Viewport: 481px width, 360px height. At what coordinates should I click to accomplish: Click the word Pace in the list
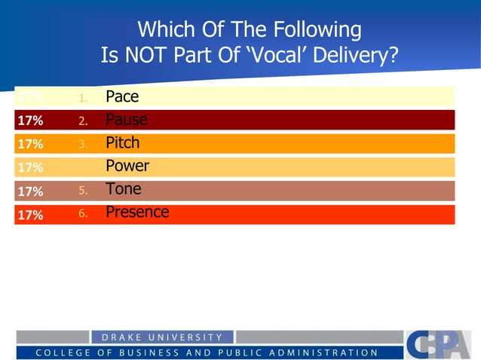click(122, 96)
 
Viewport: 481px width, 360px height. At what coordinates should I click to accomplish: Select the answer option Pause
click(126, 119)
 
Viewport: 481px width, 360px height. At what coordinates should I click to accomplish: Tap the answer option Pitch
click(122, 142)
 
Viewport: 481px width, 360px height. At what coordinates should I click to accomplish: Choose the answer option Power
click(127, 166)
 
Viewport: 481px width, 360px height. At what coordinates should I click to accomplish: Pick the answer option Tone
click(123, 189)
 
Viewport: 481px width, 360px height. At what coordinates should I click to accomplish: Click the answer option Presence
click(137, 212)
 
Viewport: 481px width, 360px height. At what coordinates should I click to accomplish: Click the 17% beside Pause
click(30, 120)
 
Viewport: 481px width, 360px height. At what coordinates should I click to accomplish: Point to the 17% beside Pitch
click(30, 143)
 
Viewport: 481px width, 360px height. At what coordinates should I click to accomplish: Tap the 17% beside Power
click(30, 167)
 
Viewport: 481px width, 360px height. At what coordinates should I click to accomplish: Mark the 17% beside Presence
click(30, 215)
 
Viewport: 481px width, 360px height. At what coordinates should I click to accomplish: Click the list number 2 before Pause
click(84, 121)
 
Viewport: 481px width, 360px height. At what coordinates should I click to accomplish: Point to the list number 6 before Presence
click(84, 215)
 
